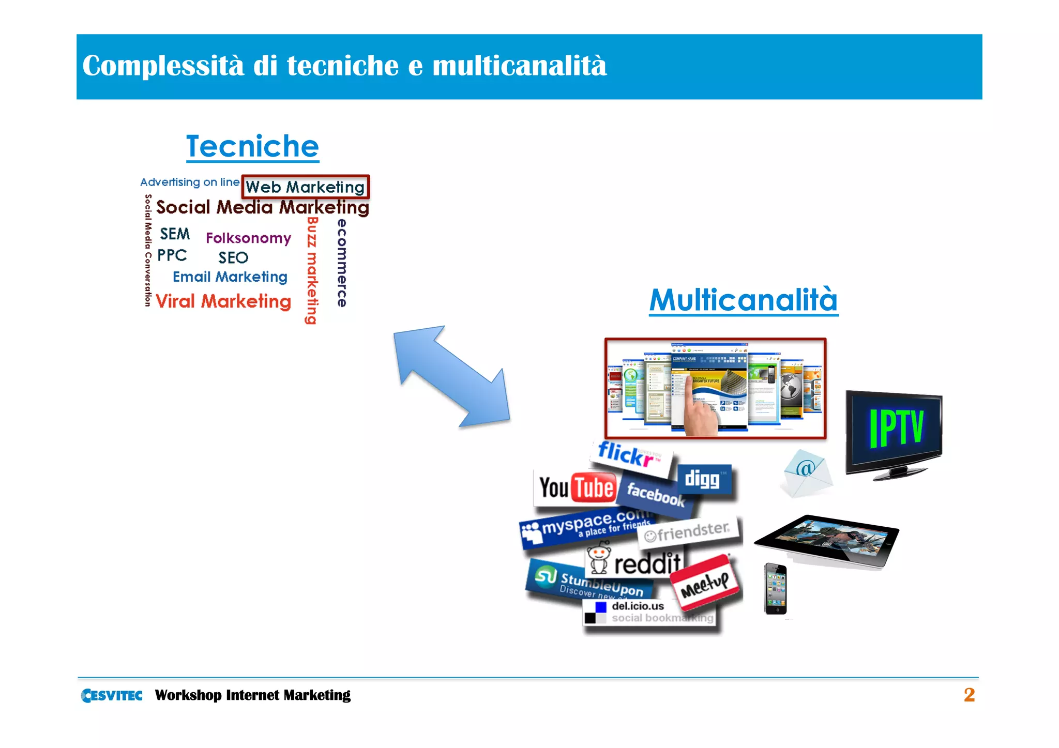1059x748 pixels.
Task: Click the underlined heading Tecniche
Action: pos(252,146)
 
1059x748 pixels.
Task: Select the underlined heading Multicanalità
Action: pos(743,300)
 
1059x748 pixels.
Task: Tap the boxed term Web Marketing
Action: pos(305,187)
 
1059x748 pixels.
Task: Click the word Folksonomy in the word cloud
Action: pos(248,238)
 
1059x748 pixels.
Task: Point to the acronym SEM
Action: pos(175,234)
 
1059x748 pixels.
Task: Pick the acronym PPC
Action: pos(172,255)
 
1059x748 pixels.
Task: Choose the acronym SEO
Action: pos(233,257)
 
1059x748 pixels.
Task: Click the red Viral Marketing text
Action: pos(223,301)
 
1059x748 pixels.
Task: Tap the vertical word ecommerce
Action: pos(342,263)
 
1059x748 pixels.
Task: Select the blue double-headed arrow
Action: pos(451,376)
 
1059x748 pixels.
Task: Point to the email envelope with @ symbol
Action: pos(805,472)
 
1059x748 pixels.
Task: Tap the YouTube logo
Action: pos(576,487)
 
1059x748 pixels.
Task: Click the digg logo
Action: pos(703,479)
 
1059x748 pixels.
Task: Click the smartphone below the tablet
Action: pos(775,589)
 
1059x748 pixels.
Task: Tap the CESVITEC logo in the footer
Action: pos(112,695)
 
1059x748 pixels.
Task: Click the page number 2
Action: pos(969,695)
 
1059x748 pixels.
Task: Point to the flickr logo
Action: pos(630,455)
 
